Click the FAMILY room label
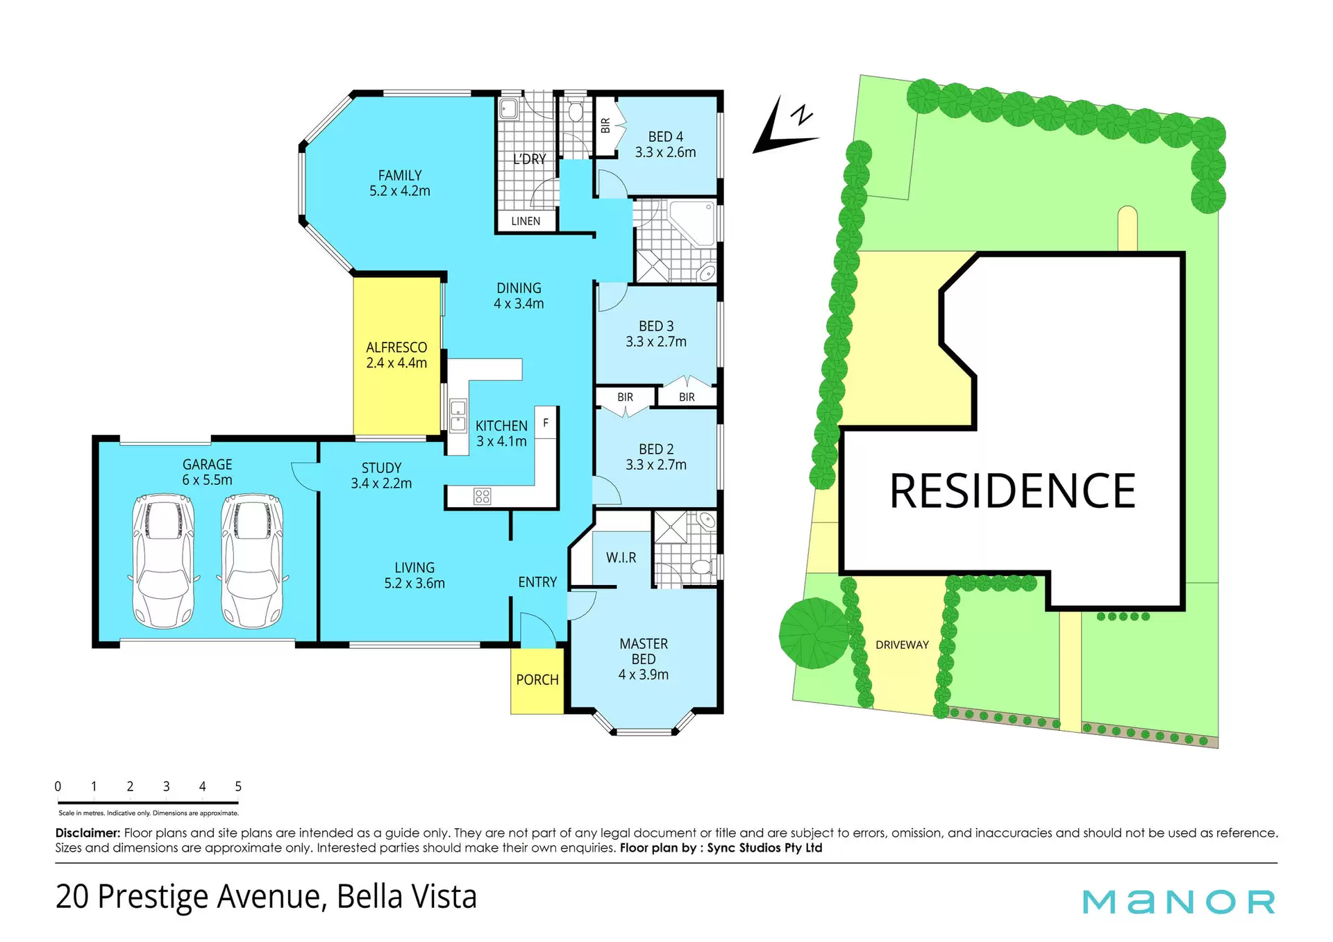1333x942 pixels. [400, 176]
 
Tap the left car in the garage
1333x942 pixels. [164, 561]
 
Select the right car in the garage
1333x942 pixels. [252, 561]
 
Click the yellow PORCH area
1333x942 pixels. [537, 681]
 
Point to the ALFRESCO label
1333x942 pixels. [396, 347]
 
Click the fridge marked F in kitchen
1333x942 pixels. [546, 422]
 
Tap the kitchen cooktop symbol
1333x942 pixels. [482, 496]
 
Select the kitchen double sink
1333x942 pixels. [458, 415]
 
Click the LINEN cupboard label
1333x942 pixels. [526, 221]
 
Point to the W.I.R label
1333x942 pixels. [621, 558]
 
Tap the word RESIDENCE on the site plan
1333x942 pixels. [1012, 491]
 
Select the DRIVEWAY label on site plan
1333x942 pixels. [902, 645]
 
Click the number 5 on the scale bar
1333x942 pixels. [238, 786]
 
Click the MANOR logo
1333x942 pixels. [1179, 902]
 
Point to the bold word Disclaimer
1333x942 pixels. [88, 833]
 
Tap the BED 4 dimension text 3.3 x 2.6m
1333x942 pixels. [665, 152]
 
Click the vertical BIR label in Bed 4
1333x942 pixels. [605, 126]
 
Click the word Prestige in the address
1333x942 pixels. [153, 897]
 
